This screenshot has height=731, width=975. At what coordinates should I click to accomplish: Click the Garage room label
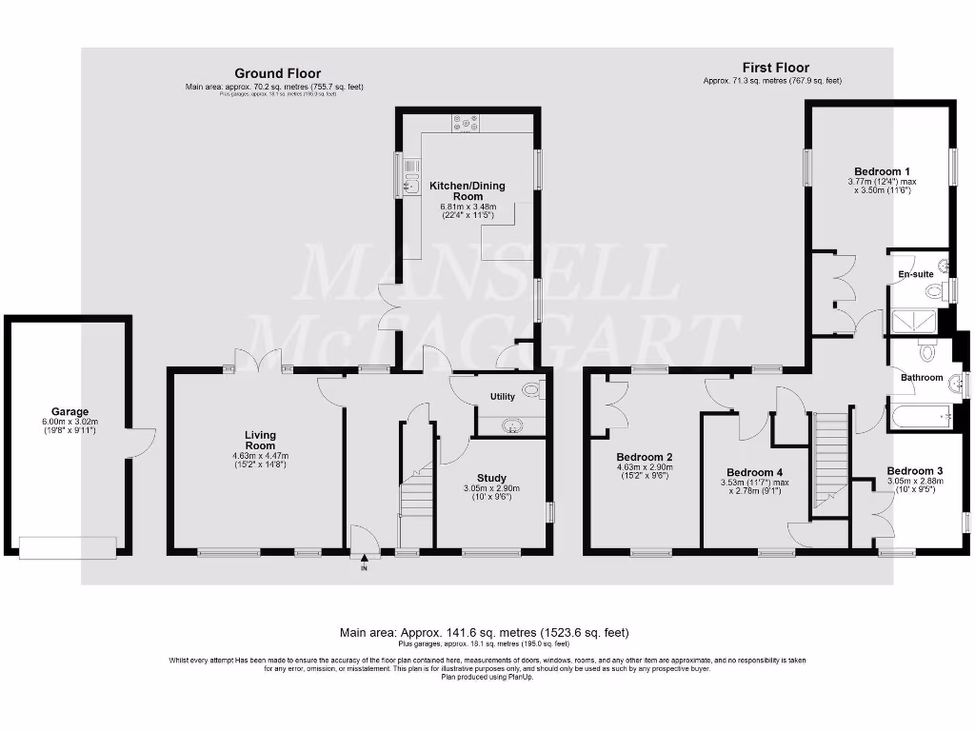[x=63, y=406]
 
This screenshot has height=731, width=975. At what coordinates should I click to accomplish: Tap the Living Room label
[x=260, y=440]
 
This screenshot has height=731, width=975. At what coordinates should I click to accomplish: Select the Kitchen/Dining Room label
[x=467, y=190]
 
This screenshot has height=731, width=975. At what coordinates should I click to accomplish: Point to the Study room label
[x=491, y=478]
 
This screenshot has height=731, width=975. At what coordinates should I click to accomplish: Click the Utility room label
[x=503, y=396]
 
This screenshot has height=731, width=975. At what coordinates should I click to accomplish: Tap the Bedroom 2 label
[x=644, y=455]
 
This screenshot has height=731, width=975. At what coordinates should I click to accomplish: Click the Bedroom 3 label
[x=915, y=470]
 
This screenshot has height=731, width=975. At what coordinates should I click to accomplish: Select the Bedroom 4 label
[x=755, y=472]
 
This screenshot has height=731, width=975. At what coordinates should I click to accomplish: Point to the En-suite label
[x=916, y=274]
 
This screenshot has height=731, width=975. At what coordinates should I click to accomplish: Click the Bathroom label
[x=922, y=378]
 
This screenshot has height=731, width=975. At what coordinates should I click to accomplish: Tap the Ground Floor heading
[x=277, y=73]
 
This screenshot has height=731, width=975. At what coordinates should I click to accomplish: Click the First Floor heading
[x=776, y=68]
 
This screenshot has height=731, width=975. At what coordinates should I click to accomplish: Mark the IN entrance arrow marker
[x=364, y=563]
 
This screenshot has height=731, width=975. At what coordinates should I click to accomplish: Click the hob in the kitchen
[x=467, y=123]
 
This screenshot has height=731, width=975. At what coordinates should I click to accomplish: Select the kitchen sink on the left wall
[x=411, y=177]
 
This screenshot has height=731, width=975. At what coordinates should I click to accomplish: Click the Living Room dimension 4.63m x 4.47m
[x=260, y=457]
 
